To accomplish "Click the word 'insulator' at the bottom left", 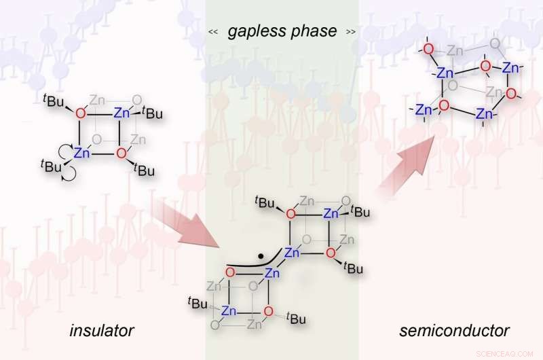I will [102, 331].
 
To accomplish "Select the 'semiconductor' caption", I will [454, 331].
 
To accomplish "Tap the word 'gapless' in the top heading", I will [257, 31].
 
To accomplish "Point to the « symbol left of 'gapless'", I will [212, 32].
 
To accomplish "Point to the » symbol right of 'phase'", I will [350, 32].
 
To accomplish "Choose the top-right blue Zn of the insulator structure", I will [121, 113].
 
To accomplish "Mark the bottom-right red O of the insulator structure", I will [121, 153].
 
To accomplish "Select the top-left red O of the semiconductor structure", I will [428, 49].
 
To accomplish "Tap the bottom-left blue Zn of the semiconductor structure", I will [424, 109].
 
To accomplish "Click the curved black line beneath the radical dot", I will [244, 266].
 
